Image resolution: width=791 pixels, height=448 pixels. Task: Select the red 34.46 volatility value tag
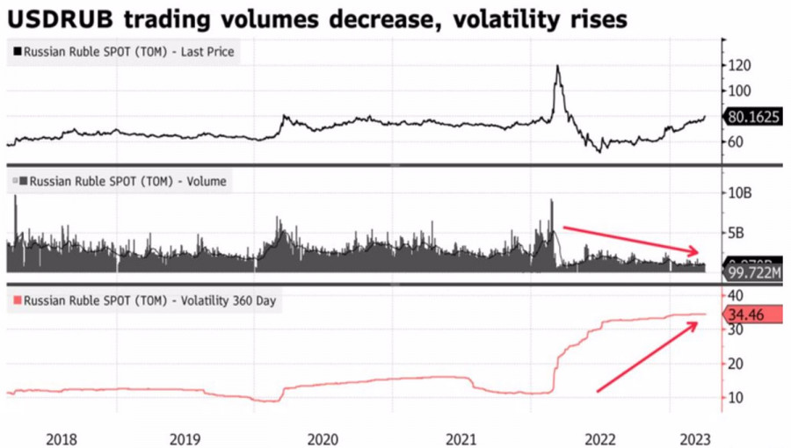750,314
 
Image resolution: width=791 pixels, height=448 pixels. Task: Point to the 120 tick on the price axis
740,65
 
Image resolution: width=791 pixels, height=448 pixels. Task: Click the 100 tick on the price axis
740,90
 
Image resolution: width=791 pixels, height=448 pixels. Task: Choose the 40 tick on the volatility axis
736,295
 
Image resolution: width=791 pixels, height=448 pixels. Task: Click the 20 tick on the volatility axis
736,364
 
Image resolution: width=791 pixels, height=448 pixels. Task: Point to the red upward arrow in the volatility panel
647,357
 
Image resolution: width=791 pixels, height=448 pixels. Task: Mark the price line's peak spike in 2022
557,67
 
